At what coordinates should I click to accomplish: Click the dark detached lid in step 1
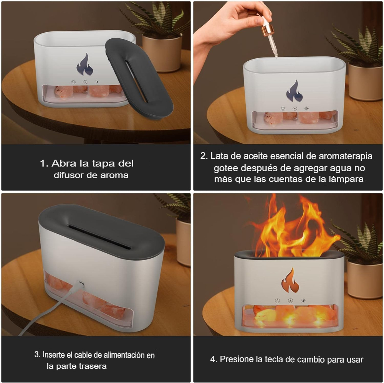coord(139,78)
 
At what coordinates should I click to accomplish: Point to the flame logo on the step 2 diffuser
coord(295,91)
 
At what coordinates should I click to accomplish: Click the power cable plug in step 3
coord(80,285)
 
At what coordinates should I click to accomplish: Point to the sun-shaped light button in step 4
coord(303,301)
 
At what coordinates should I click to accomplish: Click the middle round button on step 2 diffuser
coord(295,109)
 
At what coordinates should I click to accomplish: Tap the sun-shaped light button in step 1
coord(97,82)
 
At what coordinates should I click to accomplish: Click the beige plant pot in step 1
coord(162,52)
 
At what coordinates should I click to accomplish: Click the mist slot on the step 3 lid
coord(99,237)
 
